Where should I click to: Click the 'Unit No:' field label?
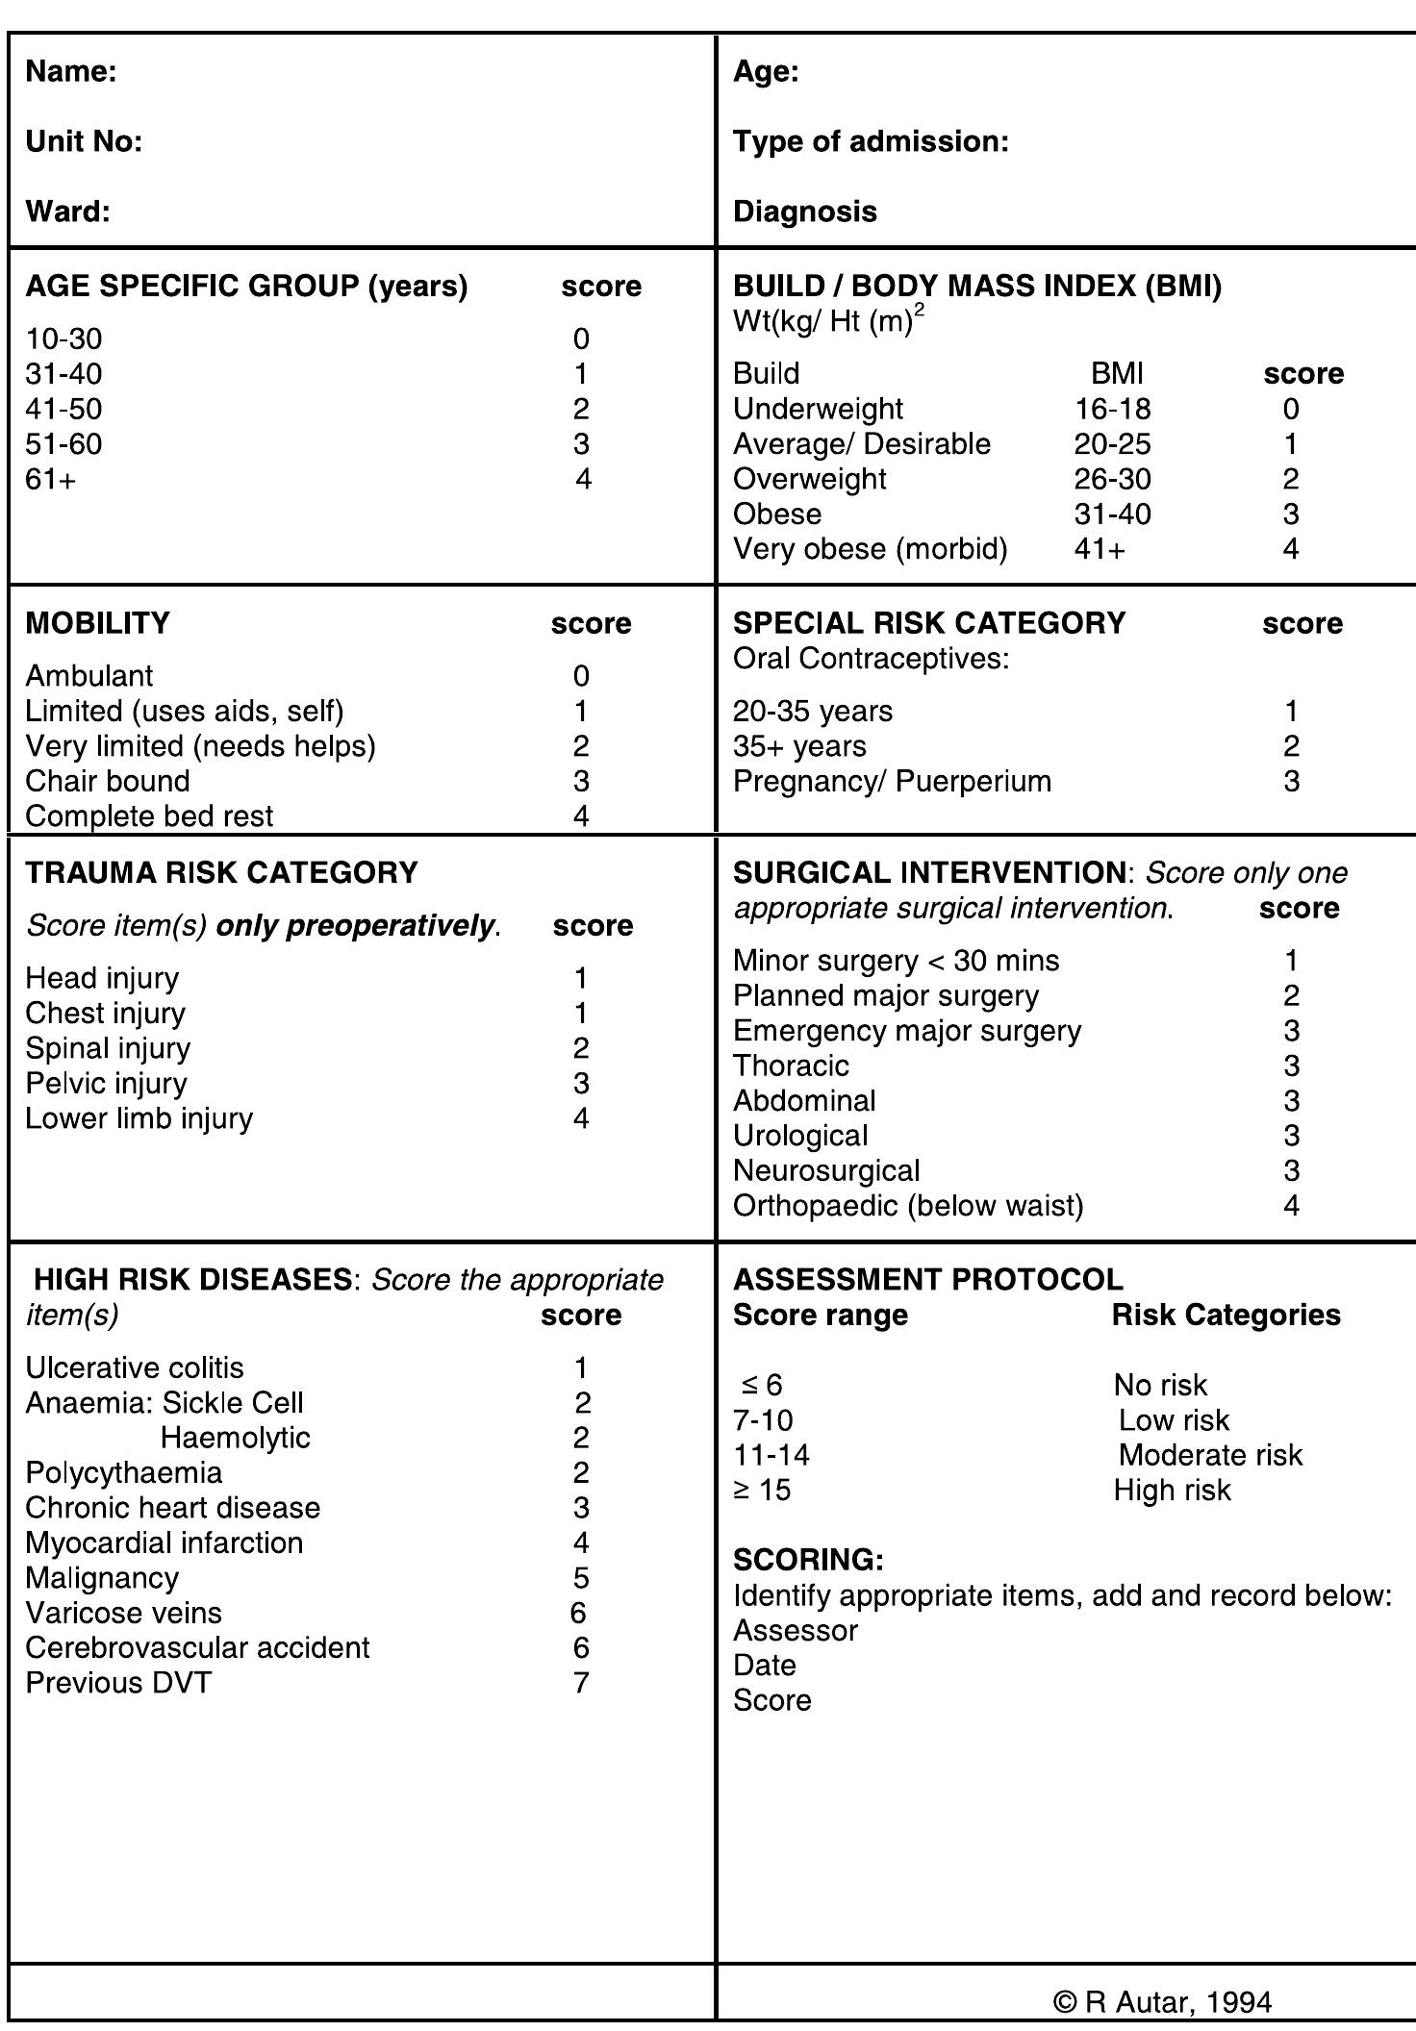(84, 142)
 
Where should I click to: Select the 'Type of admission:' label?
(871, 142)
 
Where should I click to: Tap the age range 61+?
(50, 479)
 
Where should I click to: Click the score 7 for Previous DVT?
(580, 1683)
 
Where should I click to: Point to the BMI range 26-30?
(1112, 479)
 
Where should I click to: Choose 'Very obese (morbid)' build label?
(870, 549)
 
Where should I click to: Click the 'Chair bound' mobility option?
(108, 781)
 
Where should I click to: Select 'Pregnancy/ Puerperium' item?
(892, 781)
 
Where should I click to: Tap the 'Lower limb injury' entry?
(139, 1118)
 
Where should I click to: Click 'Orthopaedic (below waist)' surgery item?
(908, 1206)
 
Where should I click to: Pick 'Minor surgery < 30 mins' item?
(896, 961)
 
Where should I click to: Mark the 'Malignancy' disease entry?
(102, 1578)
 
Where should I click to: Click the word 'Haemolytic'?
(235, 1438)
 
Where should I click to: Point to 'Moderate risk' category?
(1210, 1455)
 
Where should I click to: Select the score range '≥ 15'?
(762, 1491)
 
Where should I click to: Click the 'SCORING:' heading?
(808, 1559)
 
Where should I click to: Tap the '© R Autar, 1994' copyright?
(1163, 2002)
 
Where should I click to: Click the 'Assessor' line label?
(796, 1631)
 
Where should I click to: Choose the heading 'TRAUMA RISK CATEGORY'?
(221, 872)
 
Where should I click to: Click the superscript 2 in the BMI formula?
(919, 312)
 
